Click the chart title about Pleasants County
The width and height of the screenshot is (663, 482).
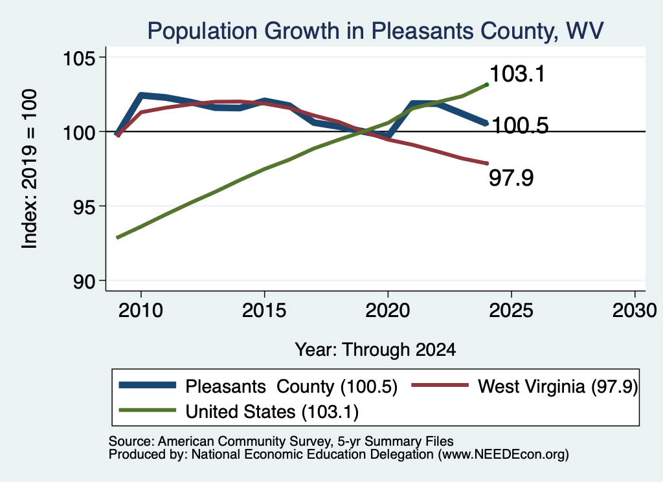pyautogui.click(x=376, y=31)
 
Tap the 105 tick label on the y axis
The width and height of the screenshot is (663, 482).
pyautogui.click(x=78, y=58)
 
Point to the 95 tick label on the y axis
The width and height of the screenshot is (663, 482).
pyautogui.click(x=84, y=206)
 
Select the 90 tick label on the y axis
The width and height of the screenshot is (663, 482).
pyautogui.click(x=84, y=281)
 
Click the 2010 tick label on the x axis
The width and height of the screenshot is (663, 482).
pyautogui.click(x=140, y=311)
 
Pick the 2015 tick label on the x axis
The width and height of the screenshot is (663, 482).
pyautogui.click(x=264, y=311)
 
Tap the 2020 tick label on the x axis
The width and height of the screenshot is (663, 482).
pyautogui.click(x=388, y=311)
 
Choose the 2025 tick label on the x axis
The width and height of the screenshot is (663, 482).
pyautogui.click(x=511, y=311)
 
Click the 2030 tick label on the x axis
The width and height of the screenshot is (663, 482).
pyautogui.click(x=635, y=311)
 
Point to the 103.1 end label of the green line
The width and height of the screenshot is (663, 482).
pyautogui.click(x=517, y=74)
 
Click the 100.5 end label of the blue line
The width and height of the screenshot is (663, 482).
pyautogui.click(x=521, y=126)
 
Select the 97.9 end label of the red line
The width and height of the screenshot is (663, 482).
pyautogui.click(x=511, y=177)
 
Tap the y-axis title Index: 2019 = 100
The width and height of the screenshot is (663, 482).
pyautogui.click(x=30, y=169)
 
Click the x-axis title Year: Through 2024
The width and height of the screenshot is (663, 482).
pyautogui.click(x=376, y=350)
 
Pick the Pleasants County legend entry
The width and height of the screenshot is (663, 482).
pyautogui.click(x=258, y=386)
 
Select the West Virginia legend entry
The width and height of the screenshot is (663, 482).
pyautogui.click(x=524, y=386)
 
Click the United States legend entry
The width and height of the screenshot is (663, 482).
pyautogui.click(x=239, y=411)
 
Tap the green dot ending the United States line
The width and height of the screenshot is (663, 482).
pyautogui.click(x=487, y=85)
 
